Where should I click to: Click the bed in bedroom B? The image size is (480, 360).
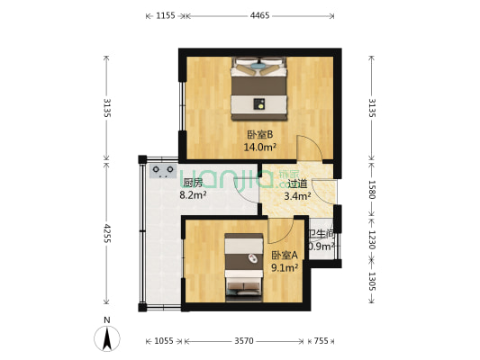click(x=259, y=87)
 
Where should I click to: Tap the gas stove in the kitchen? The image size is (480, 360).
click(x=163, y=169)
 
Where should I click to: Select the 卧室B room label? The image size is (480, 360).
click(x=259, y=135)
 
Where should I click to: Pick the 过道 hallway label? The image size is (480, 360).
click(x=297, y=183)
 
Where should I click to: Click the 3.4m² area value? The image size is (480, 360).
click(x=297, y=194)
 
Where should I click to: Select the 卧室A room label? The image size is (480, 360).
click(x=285, y=255)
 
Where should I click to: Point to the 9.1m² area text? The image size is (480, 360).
click(x=285, y=266)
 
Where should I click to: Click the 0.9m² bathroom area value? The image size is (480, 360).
click(x=322, y=246)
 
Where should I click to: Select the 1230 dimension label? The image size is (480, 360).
click(x=371, y=240)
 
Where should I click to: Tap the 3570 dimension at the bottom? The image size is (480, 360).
click(x=245, y=341)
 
